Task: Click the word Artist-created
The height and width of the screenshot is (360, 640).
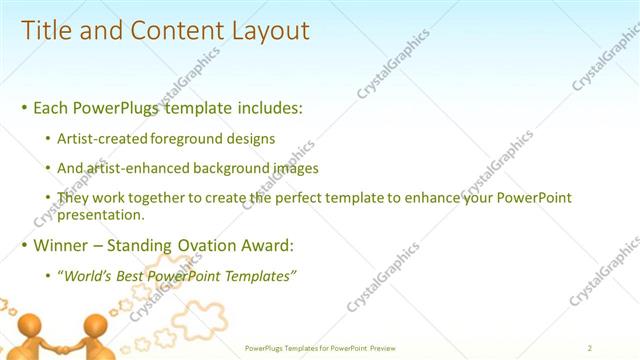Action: [103, 138]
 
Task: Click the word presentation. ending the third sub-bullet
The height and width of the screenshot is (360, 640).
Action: [102, 214]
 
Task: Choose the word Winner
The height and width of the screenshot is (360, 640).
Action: [61, 245]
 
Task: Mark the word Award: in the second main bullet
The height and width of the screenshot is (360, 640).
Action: [269, 245]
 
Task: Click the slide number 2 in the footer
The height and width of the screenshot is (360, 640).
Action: [590, 348]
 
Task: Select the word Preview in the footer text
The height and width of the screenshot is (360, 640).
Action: [383, 348]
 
